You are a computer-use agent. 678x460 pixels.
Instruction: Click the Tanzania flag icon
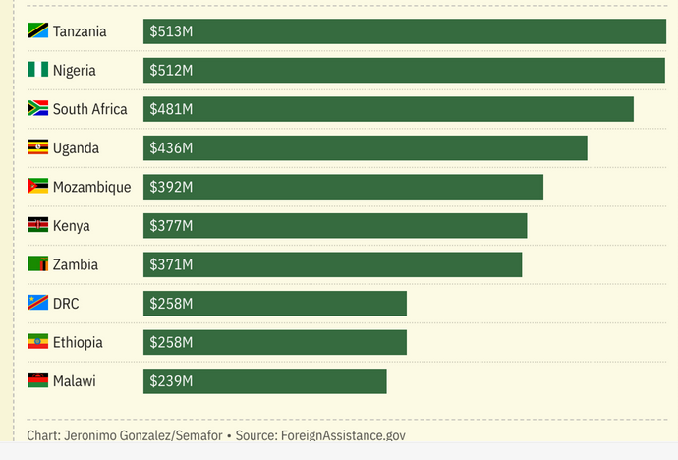pos(37,31)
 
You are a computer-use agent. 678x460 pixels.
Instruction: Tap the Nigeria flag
pos(37,70)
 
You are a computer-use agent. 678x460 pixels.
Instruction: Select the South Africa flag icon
pos(37,109)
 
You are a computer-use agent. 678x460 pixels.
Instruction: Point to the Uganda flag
pos(37,147)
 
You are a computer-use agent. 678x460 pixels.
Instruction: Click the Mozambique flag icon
pos(37,187)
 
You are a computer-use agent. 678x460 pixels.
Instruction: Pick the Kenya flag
pos(37,225)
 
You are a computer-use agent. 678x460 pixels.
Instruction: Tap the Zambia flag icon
pos(37,264)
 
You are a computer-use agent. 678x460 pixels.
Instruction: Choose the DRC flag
pos(37,303)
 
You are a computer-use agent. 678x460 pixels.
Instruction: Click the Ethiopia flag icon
pos(37,342)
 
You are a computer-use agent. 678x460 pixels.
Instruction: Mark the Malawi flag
pos(37,380)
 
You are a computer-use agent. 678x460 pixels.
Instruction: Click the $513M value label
pos(171,31)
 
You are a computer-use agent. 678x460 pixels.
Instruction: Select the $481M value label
pos(171,109)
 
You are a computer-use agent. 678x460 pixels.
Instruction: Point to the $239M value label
pos(171,380)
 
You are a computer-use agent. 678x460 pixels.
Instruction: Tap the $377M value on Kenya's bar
pos(171,225)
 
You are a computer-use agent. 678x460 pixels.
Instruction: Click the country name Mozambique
pos(91,187)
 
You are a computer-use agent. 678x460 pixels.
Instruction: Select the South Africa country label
pos(89,109)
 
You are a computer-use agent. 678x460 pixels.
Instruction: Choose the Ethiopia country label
pos(78,342)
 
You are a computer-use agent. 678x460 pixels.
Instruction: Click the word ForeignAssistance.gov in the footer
pos(343,435)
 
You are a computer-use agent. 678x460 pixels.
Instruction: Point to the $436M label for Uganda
pos(171,147)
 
